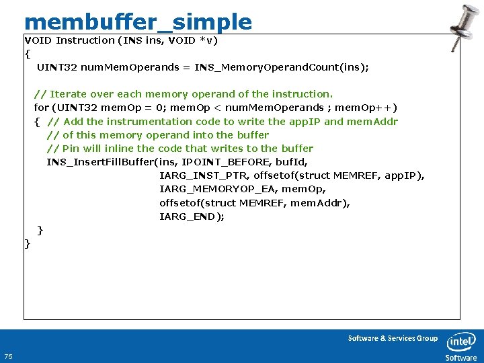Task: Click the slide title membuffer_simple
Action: coord(138,22)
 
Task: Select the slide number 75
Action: coord(8,356)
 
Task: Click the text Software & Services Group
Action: coord(393,338)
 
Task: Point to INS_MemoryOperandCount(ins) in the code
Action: coord(282,67)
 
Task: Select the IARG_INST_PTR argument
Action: coord(202,175)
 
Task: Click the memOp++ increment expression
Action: coord(366,108)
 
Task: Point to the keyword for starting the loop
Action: coord(41,108)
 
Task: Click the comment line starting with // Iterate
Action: coord(183,94)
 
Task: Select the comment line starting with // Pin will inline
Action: coord(179,149)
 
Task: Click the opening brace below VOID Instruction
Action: coord(27,54)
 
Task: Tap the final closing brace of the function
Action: coord(27,243)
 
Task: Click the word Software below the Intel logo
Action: coord(461,358)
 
